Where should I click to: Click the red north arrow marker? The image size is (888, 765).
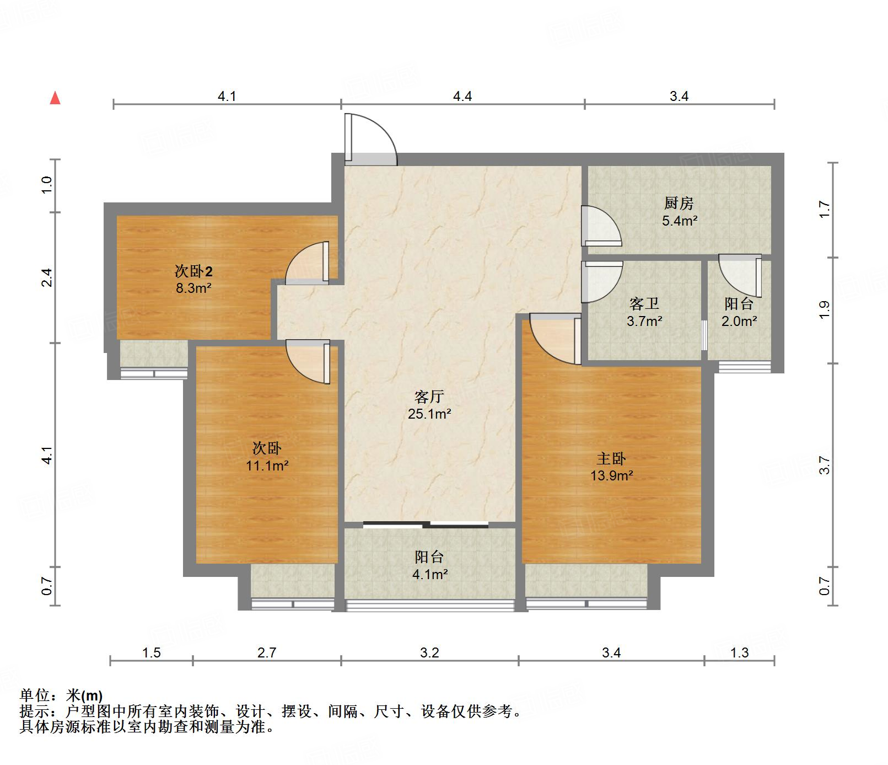point(55,98)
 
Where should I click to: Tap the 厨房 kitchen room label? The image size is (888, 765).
point(679,204)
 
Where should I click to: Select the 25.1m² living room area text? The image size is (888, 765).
point(429,414)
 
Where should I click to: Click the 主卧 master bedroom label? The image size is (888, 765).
point(611,458)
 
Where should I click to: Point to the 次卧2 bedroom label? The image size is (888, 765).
point(193,271)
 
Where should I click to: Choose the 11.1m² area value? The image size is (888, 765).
point(267,466)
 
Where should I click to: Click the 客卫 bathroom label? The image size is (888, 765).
point(644,304)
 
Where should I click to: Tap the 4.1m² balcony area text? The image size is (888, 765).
point(430,574)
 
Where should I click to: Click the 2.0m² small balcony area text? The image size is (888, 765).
point(739,321)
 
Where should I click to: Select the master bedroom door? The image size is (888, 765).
point(553,338)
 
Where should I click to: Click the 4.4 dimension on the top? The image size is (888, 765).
point(462,97)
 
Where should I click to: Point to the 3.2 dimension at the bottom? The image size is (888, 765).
point(429,653)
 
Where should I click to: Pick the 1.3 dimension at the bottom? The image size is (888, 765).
point(739,653)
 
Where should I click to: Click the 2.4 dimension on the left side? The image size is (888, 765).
point(47,277)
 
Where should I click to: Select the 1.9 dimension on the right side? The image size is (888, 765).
point(824,309)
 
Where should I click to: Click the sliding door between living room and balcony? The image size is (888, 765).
point(426,525)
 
